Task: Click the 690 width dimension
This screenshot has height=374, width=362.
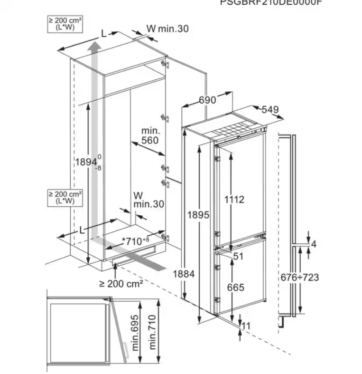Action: tap(207, 100)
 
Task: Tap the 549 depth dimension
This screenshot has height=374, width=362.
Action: tap(269, 110)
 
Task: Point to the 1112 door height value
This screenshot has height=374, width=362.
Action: tap(234, 200)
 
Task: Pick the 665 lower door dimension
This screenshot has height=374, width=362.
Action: tap(235, 287)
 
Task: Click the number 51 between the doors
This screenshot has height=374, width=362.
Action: tap(239, 257)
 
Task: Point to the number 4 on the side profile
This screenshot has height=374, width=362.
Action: tap(314, 244)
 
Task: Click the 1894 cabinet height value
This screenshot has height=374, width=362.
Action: tap(86, 162)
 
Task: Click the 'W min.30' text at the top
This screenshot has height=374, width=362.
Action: tap(167, 29)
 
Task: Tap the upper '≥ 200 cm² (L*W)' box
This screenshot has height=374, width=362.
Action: tap(65, 24)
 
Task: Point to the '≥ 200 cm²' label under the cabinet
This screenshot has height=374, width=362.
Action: tap(121, 284)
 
